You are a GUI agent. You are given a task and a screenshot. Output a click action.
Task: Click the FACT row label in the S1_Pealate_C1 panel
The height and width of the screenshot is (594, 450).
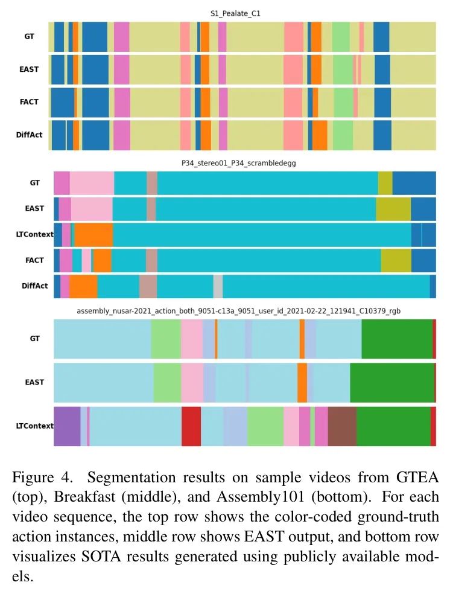point(29,102)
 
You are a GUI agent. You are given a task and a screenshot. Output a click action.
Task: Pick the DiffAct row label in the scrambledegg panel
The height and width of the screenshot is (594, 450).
point(32,286)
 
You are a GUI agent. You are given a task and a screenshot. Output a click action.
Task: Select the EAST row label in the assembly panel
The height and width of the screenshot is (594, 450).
point(34,382)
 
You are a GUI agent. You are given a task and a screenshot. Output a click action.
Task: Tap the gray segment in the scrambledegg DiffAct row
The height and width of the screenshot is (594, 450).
point(218,286)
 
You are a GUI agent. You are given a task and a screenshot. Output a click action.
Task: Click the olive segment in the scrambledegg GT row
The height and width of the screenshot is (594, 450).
point(385,182)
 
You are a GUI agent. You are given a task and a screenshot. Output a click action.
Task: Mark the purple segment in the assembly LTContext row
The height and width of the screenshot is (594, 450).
point(67,426)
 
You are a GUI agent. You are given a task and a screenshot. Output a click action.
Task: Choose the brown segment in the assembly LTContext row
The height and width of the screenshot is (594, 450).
point(342,426)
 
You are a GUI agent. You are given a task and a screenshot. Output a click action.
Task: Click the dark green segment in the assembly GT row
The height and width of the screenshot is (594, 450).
point(396,339)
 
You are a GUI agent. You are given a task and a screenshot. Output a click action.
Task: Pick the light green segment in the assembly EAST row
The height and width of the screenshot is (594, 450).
point(167,383)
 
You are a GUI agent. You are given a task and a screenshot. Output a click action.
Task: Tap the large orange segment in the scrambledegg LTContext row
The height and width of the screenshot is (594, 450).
point(93,234)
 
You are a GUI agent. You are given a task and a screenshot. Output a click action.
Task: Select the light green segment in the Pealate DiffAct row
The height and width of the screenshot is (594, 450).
point(343,135)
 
